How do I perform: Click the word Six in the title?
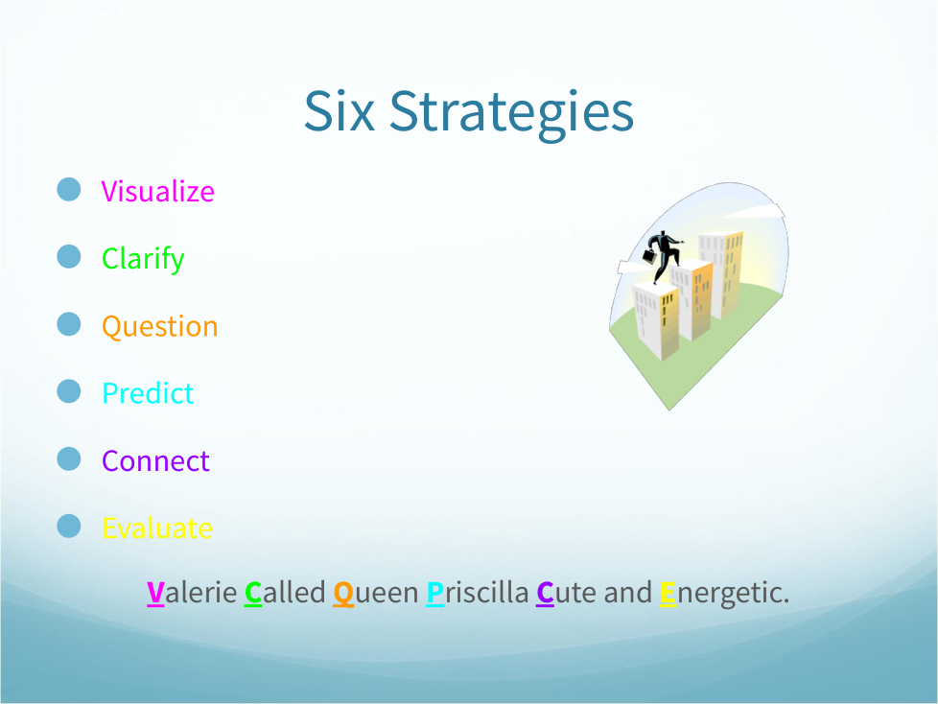tap(340, 111)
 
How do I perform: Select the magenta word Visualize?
tap(158, 192)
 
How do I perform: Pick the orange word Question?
tap(160, 326)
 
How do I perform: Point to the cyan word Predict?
tap(148, 393)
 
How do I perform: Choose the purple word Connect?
tap(155, 460)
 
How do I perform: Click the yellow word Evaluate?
tap(157, 528)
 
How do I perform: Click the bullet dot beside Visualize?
tap(69, 190)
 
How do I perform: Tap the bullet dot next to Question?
tap(69, 324)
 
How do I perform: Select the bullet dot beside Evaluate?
tap(69, 527)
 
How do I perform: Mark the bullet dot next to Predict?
tap(69, 391)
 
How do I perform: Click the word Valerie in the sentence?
tap(192, 593)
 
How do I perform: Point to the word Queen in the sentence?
tap(376, 593)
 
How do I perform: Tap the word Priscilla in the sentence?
tap(478, 593)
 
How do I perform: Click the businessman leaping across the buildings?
tap(663, 255)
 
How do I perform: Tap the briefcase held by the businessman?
tap(649, 257)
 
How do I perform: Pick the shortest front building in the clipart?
tap(656, 321)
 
